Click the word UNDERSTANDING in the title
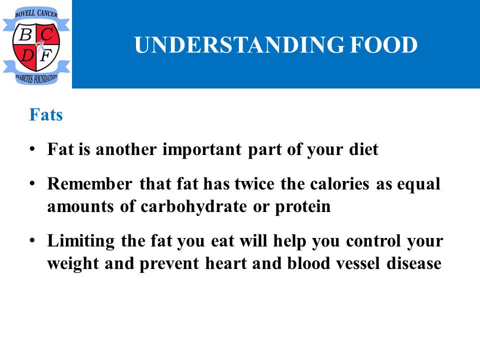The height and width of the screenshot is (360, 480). [239, 44]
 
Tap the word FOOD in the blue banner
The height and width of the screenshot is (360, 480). [384, 44]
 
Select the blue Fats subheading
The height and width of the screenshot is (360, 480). [46, 115]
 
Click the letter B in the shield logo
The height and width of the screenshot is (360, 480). [25, 34]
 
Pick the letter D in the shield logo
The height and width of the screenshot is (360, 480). [27, 55]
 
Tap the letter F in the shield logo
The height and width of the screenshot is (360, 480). [46, 55]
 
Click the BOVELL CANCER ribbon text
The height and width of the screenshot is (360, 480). [36, 13]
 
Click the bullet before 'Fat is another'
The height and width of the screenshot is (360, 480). [32, 149]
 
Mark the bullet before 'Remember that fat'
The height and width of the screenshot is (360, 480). [32, 183]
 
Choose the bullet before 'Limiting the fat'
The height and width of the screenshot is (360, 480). [32, 240]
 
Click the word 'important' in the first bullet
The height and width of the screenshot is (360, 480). [202, 150]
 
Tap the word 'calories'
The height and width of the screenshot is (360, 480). [339, 183]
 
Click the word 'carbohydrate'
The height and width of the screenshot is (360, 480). [193, 207]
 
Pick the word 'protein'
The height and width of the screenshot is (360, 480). [303, 207]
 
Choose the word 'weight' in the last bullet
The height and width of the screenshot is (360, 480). [73, 264]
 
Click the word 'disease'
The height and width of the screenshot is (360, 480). [414, 263]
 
